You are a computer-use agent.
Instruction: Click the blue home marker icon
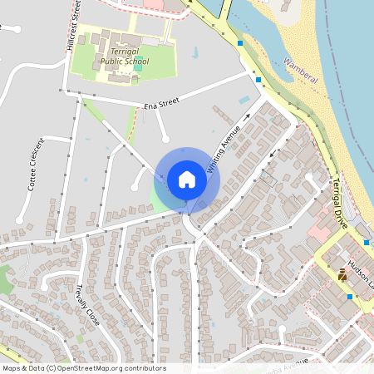(187, 180)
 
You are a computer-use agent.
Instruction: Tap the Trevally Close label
(87, 305)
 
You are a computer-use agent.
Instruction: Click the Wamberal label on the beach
(300, 70)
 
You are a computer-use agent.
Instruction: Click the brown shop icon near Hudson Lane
(342, 275)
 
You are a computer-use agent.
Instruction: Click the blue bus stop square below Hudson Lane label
(350, 296)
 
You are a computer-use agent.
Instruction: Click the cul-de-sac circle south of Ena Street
(165, 137)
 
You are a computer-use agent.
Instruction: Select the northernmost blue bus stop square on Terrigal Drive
(240, 42)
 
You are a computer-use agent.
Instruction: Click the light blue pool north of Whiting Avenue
(244, 99)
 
